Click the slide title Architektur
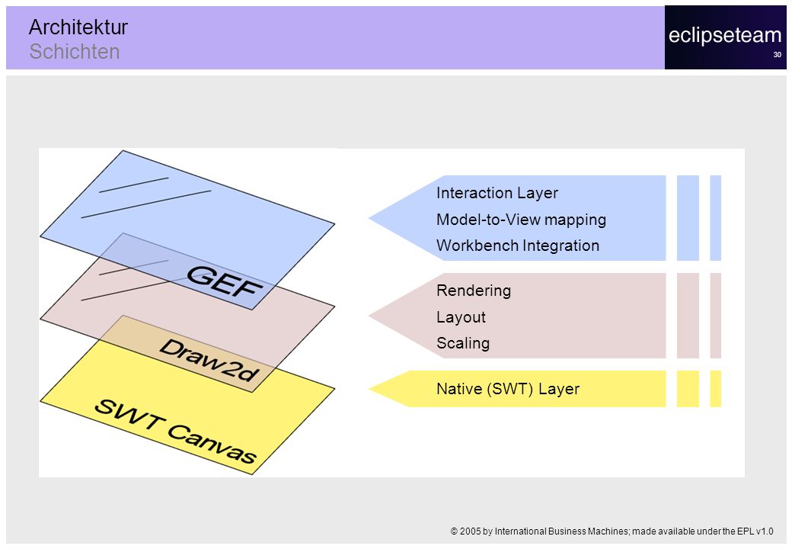click(x=78, y=27)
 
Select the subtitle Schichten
click(x=75, y=52)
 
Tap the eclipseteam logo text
click(x=725, y=35)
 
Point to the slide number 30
click(x=777, y=55)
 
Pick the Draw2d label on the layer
click(x=209, y=360)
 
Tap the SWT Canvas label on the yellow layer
click(x=175, y=432)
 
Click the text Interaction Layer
click(x=497, y=193)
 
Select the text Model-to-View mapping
click(x=521, y=220)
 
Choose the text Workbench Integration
click(x=518, y=246)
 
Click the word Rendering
click(x=474, y=291)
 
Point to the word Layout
click(x=461, y=317)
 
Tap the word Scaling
click(x=463, y=343)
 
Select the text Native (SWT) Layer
click(x=508, y=389)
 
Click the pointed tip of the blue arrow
click(x=369, y=218)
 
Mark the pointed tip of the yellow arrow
click(x=369, y=389)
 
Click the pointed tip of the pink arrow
click(x=369, y=316)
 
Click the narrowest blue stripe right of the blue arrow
click(x=715, y=218)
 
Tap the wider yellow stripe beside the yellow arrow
click(x=688, y=389)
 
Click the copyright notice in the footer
click(x=612, y=531)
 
